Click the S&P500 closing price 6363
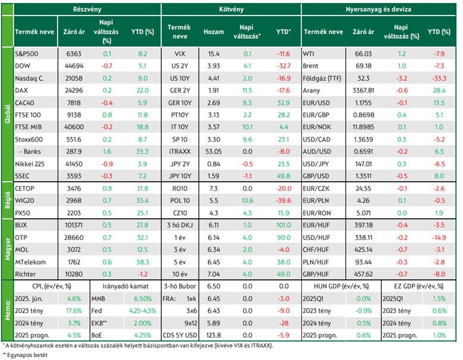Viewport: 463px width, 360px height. (74, 54)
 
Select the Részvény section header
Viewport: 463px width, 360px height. (87, 9)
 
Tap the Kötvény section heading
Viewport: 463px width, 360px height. (232, 9)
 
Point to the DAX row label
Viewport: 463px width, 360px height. (21, 90)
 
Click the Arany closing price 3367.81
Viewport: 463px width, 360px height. (363, 90)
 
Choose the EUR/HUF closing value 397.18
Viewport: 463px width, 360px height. (363, 225)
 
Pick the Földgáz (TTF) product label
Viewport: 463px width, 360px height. (322, 79)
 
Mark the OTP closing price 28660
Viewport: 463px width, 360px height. (74, 237)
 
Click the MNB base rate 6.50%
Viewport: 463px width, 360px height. (143, 299)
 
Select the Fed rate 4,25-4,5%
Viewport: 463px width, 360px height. (143, 311)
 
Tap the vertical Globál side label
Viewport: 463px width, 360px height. (8, 114)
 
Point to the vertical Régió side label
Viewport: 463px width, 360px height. (8, 200)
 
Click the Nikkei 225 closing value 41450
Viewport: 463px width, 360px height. (74, 164)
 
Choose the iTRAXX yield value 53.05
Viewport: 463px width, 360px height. (214, 152)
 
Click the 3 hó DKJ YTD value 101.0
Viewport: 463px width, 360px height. (283, 225)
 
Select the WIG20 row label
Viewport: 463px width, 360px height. (24, 201)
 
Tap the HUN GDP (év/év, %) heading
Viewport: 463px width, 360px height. (341, 286)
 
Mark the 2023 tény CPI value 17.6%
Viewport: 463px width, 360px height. (74, 311)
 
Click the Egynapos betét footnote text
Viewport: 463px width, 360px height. (27, 355)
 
